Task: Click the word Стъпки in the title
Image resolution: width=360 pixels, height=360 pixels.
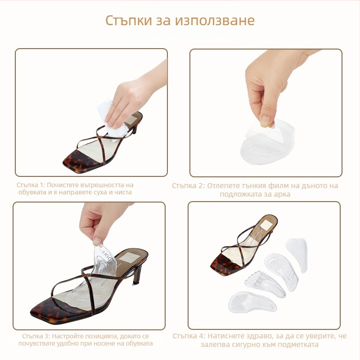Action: tap(125, 21)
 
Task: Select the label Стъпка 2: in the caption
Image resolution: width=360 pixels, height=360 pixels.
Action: tap(189, 185)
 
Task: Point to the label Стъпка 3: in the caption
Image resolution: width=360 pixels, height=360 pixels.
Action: tap(36, 336)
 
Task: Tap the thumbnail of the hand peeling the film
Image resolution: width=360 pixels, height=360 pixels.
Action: tap(265, 112)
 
